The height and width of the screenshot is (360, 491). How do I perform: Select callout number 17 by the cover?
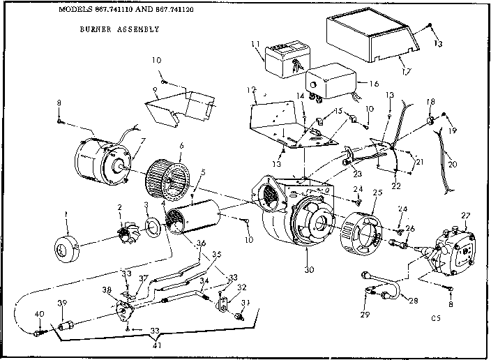point(407,70)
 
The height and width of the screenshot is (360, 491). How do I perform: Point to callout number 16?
point(374,82)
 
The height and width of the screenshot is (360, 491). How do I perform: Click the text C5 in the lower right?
point(437,319)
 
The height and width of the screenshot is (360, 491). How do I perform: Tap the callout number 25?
point(377,192)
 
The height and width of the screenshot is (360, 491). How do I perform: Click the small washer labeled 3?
point(151,226)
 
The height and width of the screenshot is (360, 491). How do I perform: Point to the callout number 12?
point(252,91)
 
